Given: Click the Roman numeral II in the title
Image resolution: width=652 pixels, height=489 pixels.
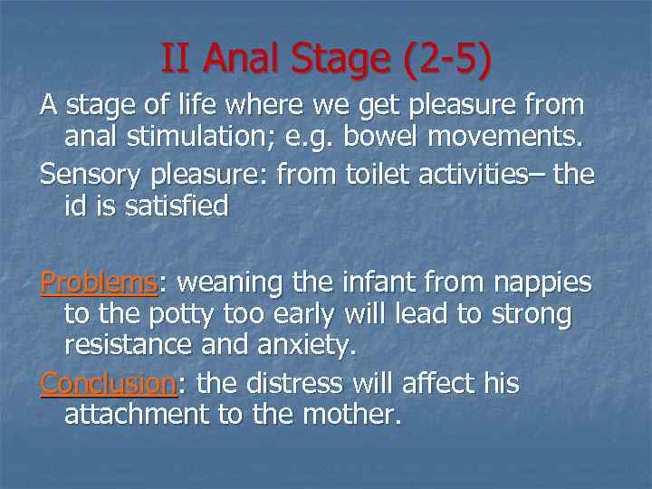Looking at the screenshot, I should [x=177, y=59].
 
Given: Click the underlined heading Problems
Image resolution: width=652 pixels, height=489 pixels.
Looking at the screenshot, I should [x=99, y=283].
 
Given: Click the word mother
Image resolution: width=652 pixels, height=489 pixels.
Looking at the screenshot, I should [x=353, y=416].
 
